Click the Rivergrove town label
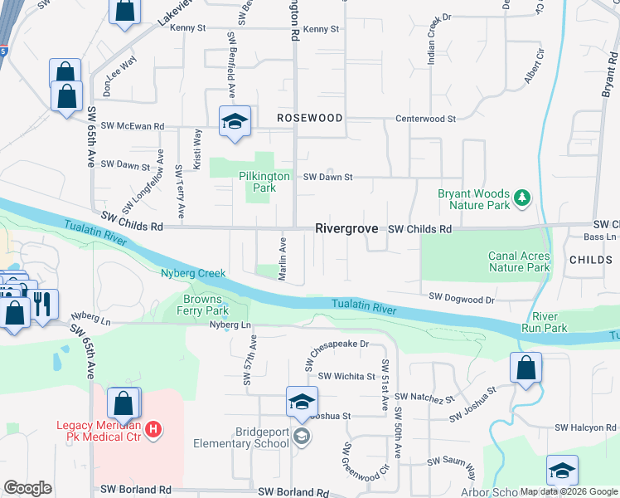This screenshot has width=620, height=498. click(x=346, y=228)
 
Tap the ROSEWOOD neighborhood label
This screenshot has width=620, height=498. click(x=309, y=119)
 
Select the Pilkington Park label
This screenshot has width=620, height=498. click(x=264, y=182)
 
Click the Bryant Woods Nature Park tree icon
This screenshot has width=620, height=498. click(x=522, y=197)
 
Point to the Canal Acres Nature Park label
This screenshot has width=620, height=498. click(x=519, y=261)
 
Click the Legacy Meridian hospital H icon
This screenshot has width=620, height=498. click(x=153, y=429)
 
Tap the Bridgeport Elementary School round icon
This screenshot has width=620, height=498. click(x=303, y=437)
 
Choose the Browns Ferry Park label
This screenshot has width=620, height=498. click(x=202, y=305)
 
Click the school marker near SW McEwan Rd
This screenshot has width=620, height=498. click(x=235, y=121)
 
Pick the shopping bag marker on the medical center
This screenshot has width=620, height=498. click(x=123, y=404)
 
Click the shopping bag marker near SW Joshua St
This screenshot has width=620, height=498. click(x=526, y=367)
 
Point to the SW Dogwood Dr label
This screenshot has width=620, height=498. click(x=462, y=296)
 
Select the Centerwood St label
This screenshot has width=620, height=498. click(x=425, y=119)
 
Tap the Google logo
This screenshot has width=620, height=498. click(x=27, y=488)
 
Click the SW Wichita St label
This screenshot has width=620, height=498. click(x=346, y=376)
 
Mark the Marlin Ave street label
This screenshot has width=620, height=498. click(x=283, y=259)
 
